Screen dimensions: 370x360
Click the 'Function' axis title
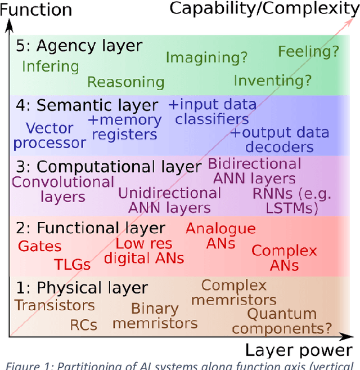point(36,10)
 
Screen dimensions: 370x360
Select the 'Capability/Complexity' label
point(264,8)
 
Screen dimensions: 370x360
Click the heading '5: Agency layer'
point(81,46)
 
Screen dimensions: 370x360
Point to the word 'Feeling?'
point(309,52)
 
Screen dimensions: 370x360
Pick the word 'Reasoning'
point(125,82)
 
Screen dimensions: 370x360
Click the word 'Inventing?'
point(272,81)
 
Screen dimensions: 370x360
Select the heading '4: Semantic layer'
point(89,106)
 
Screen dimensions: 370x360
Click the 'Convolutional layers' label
point(63,189)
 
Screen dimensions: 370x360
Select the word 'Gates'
point(40,246)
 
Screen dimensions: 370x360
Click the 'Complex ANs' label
point(284,258)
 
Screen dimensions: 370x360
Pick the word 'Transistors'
point(55,305)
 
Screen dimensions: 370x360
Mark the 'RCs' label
point(84,325)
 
